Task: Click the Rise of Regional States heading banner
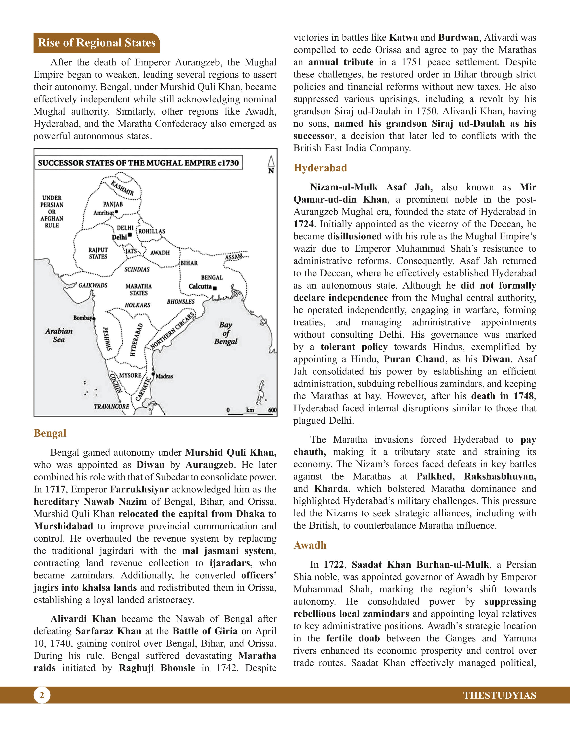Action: coord(97,43)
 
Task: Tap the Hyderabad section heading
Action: coord(320,168)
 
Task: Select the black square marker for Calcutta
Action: coord(215,288)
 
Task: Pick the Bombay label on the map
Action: coord(82,318)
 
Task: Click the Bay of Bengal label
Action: coord(226,333)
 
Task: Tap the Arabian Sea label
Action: coord(59,335)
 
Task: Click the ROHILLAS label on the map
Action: coord(152,231)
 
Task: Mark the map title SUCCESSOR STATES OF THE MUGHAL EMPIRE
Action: coord(138,163)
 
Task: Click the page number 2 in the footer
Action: coord(42,695)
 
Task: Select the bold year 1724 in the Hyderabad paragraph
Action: coord(303,224)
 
